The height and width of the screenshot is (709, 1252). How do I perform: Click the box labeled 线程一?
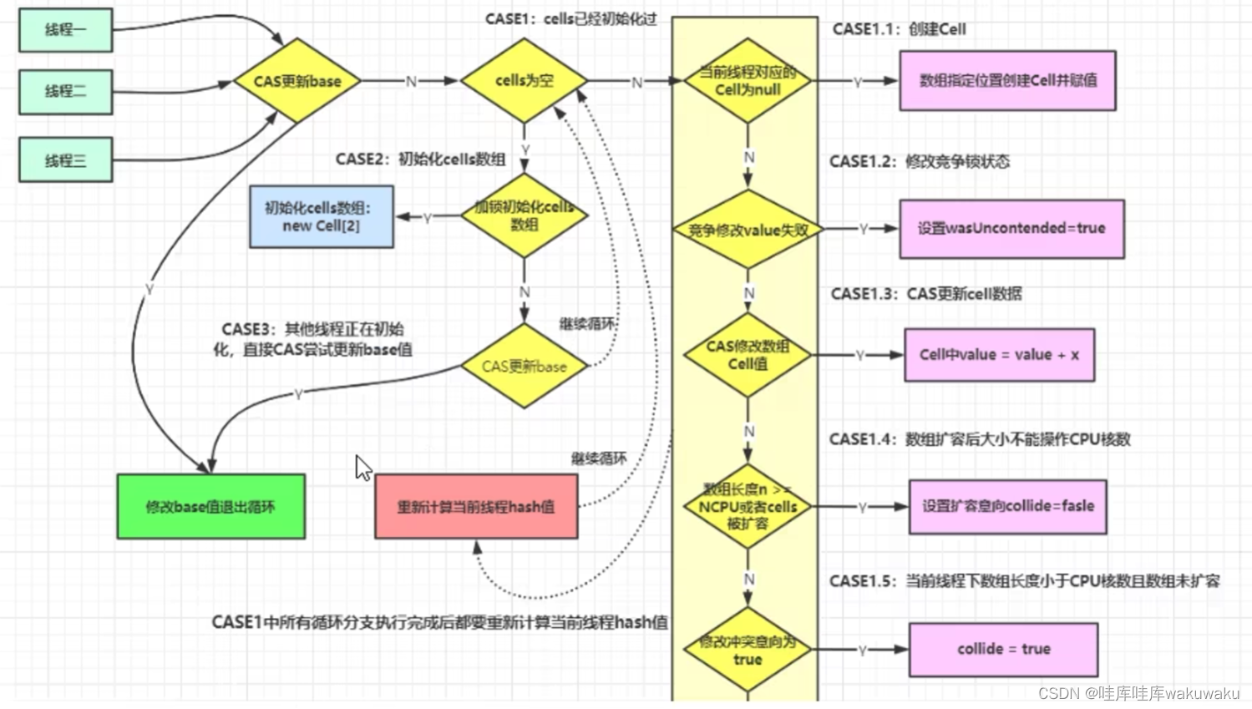click(x=65, y=30)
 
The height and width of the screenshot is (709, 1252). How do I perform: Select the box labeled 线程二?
click(x=65, y=91)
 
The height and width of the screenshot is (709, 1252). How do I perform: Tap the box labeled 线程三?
click(x=65, y=160)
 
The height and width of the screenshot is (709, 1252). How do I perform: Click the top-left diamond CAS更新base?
click(x=297, y=81)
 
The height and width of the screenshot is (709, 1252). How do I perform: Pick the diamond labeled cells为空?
click(x=524, y=80)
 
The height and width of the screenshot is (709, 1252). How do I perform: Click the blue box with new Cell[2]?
click(x=322, y=217)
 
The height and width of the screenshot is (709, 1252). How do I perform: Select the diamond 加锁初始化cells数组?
click(x=524, y=215)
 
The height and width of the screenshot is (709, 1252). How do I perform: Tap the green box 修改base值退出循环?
click(x=210, y=507)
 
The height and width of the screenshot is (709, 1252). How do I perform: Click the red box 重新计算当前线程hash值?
click(x=476, y=507)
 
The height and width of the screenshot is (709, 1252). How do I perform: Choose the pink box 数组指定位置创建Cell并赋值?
click(x=1007, y=80)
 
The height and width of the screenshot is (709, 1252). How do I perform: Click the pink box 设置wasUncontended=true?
click(x=1011, y=228)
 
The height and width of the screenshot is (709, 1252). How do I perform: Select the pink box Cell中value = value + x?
click(x=999, y=355)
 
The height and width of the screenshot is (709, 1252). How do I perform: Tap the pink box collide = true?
click(x=1003, y=649)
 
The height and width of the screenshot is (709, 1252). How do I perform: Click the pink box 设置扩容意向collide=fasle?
click(x=1007, y=506)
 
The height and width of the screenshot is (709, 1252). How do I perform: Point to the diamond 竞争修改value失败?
click(x=748, y=230)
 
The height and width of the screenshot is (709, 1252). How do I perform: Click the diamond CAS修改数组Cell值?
click(x=748, y=355)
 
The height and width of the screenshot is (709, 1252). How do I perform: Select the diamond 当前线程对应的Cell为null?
click(x=748, y=81)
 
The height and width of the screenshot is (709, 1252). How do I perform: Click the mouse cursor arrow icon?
click(x=363, y=468)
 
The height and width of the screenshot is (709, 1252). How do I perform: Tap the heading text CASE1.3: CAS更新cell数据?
click(x=926, y=294)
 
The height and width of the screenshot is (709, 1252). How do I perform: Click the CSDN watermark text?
click(x=1138, y=693)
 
